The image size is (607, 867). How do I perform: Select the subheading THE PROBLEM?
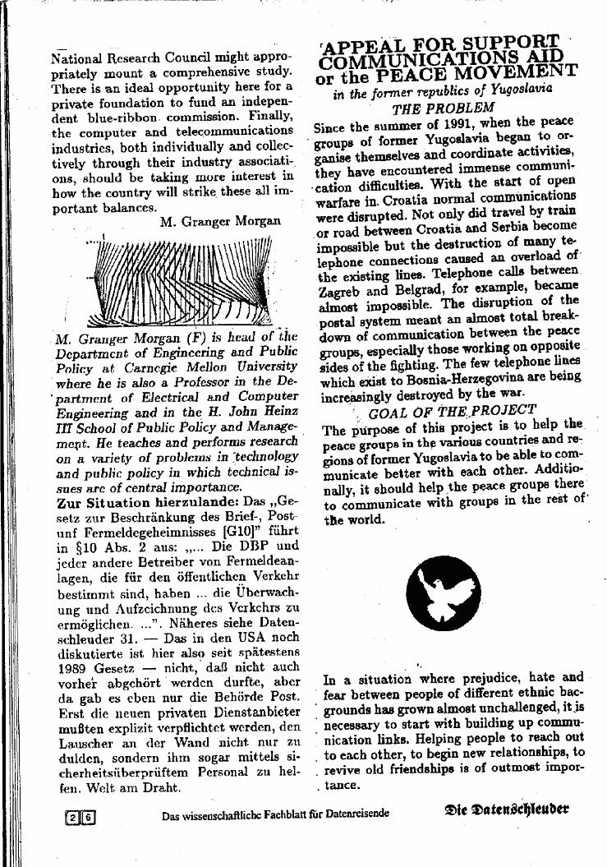tap(443, 108)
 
